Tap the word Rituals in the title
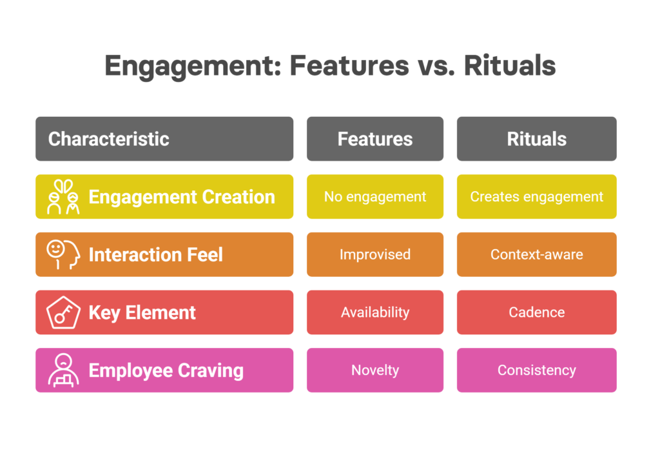pos(510,66)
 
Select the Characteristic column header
pos(164,139)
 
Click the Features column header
pos(375,139)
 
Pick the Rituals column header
pos(537,139)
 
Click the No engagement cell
pos(375,196)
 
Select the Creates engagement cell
pos(537,196)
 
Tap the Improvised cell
pos(375,254)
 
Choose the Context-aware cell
pos(537,254)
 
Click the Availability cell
pos(375,312)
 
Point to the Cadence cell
pos(537,312)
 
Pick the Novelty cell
pos(375,370)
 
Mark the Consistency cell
pos(537,370)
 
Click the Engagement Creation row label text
pos(182,197)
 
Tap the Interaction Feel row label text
pos(156,254)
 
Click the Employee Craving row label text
pos(166,371)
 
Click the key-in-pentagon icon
pos(63,312)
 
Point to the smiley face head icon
pos(63,254)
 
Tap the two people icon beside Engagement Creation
pos(63,196)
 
